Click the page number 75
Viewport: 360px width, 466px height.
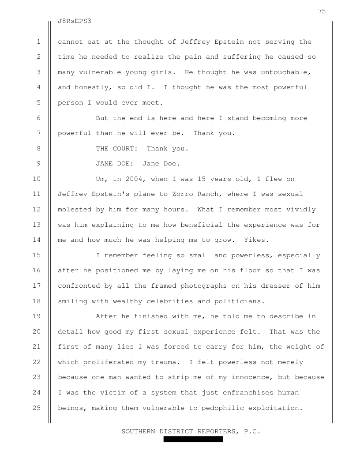click(x=322, y=11)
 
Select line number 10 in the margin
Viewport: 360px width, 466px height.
click(x=37, y=179)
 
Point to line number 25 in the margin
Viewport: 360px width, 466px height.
click(x=37, y=408)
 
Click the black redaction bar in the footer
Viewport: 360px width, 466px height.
click(x=193, y=440)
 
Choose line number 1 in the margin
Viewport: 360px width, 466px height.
click(x=39, y=42)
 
